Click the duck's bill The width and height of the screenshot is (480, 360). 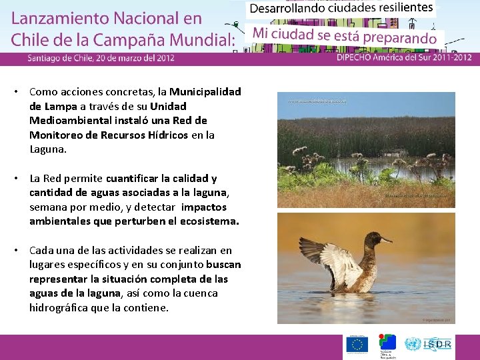tap(386, 239)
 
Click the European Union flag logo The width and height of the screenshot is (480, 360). tap(357, 344)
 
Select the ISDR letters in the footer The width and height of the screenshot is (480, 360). tap(437, 344)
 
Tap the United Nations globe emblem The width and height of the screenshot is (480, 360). tap(413, 344)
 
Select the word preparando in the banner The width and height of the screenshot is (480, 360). tap(404, 38)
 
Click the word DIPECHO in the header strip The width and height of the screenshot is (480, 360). tap(358, 58)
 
